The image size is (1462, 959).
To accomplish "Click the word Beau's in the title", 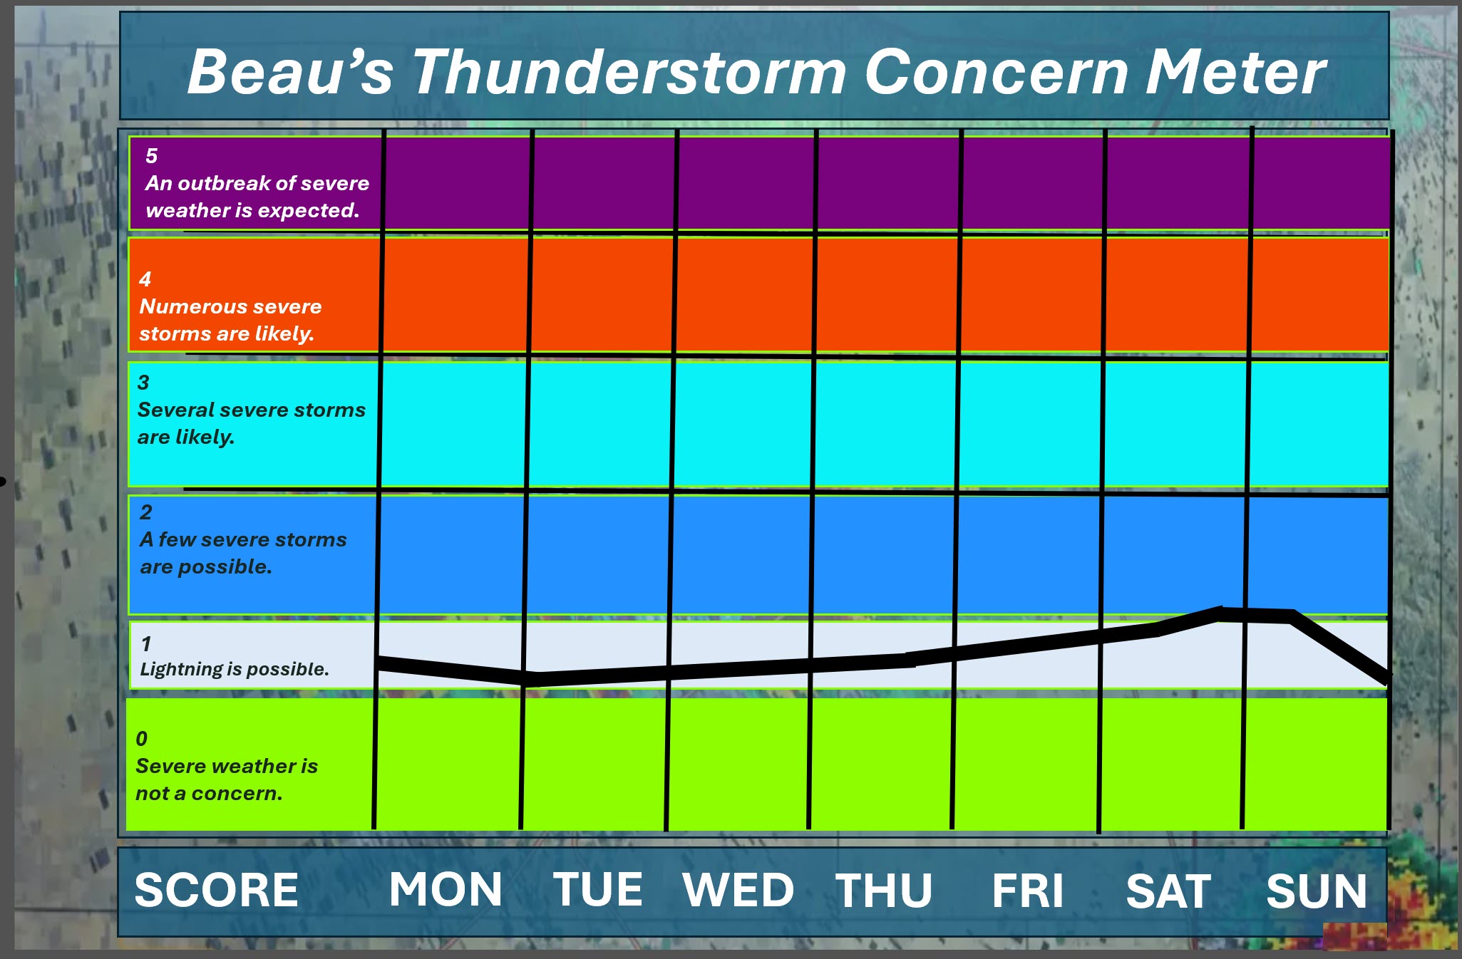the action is [x=289, y=72].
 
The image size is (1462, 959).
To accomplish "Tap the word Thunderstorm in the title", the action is [x=629, y=72].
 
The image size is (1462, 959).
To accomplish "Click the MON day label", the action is [x=446, y=890].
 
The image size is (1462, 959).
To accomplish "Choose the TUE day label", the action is [x=598, y=890].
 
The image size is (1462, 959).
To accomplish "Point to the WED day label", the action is [x=738, y=890].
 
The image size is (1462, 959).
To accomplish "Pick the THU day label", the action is [x=884, y=891].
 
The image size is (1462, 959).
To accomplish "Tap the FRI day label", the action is [x=1027, y=891].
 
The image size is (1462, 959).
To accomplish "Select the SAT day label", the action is [x=1168, y=891].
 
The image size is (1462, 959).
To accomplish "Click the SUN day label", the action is [x=1317, y=891].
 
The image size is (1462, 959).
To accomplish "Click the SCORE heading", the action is [x=217, y=890].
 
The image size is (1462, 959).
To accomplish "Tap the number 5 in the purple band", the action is [x=152, y=156].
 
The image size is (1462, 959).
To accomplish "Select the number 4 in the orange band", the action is [x=145, y=279].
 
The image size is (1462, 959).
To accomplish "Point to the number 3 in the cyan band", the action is [x=143, y=383].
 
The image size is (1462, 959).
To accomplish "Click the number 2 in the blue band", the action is [x=146, y=512].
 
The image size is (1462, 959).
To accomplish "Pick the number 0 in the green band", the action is [x=142, y=739].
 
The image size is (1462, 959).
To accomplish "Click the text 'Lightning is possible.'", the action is [x=235, y=669].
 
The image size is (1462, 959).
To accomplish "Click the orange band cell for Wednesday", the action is [x=744, y=295].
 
